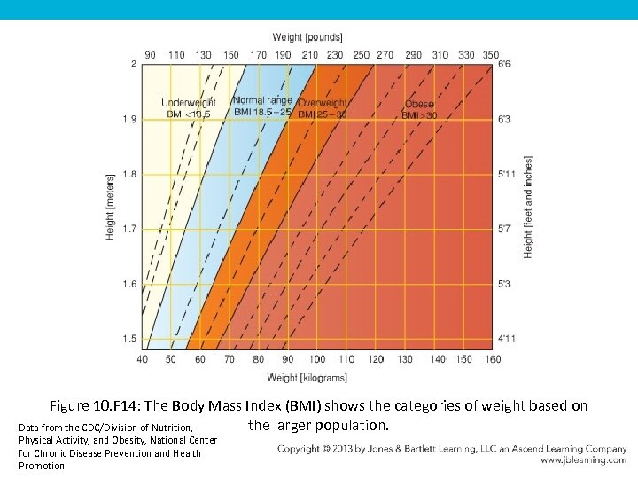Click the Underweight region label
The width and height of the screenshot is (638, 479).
click(x=188, y=103)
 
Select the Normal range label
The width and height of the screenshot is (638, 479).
click(x=262, y=100)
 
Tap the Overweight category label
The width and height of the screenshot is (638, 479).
click(x=323, y=103)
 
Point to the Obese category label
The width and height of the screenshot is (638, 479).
click(x=419, y=104)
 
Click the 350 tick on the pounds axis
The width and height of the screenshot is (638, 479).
click(x=490, y=55)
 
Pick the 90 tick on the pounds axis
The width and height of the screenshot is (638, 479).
click(x=150, y=55)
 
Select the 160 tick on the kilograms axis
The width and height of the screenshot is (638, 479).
click(x=493, y=359)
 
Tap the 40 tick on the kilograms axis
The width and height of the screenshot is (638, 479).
click(x=143, y=359)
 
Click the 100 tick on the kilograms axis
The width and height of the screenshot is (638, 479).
click(x=317, y=359)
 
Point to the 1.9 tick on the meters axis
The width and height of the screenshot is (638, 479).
click(x=130, y=119)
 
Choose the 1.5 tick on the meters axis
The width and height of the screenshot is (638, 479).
click(x=130, y=339)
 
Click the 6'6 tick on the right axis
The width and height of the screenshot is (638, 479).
click(x=503, y=65)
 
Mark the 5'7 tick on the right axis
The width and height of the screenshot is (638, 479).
click(x=503, y=229)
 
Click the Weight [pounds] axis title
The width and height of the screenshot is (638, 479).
click(x=307, y=36)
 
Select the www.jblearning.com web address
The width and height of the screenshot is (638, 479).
click(x=583, y=460)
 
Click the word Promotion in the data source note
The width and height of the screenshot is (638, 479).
click(x=42, y=466)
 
